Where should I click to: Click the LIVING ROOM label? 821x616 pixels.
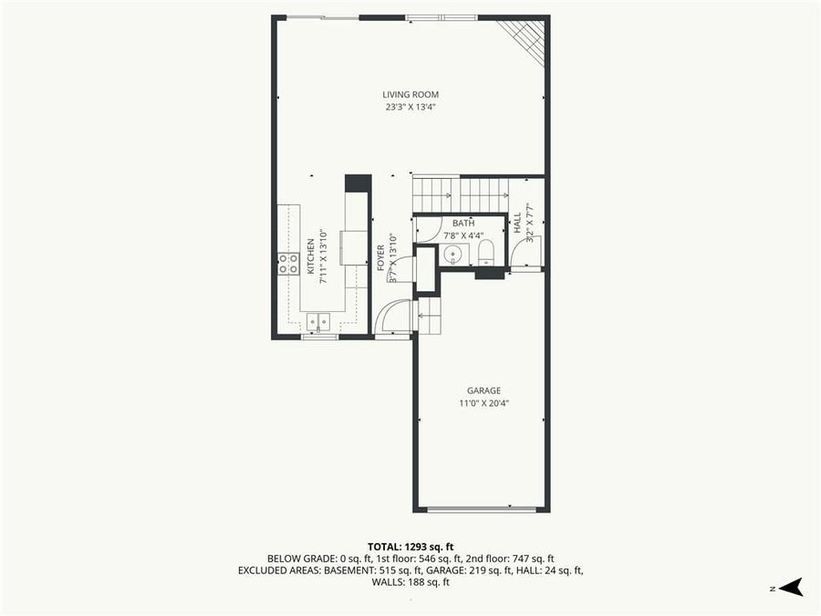[410, 94]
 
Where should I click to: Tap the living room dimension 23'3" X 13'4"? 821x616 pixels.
[410, 107]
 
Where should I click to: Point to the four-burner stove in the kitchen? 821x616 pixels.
[288, 264]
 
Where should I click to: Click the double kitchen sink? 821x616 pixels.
[318, 320]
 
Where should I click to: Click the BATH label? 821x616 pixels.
[463, 223]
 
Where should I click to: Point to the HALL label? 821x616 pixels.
[516, 222]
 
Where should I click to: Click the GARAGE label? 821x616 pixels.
[483, 391]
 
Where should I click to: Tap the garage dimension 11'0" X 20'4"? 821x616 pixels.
[483, 403]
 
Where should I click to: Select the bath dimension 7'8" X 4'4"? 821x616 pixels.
[463, 235]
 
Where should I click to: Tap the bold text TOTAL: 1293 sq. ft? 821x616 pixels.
[410, 546]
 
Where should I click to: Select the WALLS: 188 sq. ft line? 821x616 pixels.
[410, 582]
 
